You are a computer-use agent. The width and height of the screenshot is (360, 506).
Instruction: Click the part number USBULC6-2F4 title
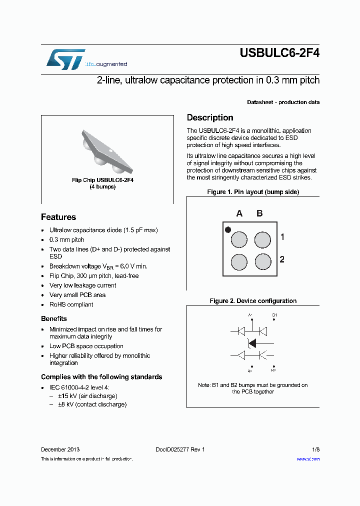[x=279, y=53]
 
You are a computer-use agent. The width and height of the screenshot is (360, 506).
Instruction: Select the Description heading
[x=210, y=117]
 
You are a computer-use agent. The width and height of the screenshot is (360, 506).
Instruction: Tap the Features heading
[x=58, y=217]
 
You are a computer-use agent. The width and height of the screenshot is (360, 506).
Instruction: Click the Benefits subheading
[x=54, y=318]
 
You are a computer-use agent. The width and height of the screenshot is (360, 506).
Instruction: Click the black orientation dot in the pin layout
[x=228, y=230]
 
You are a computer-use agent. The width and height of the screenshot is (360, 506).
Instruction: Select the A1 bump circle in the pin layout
[x=239, y=240]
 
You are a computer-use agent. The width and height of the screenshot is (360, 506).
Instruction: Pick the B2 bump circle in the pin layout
[x=262, y=261]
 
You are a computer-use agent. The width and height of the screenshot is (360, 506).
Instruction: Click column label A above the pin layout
[x=239, y=213]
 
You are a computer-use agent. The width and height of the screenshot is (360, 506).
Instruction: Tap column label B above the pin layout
[x=259, y=213]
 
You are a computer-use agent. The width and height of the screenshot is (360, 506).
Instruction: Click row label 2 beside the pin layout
[x=282, y=259]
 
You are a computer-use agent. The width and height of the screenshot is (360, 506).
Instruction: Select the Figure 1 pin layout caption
[x=253, y=192]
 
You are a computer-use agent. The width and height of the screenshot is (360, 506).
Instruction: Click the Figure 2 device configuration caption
[x=253, y=301]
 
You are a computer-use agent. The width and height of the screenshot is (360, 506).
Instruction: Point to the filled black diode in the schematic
[x=252, y=343]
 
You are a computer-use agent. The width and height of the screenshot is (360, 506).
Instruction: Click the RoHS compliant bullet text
[x=71, y=304]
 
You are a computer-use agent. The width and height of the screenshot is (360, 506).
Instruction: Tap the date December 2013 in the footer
[x=60, y=449]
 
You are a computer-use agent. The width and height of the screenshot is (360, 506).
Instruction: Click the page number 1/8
[x=315, y=449]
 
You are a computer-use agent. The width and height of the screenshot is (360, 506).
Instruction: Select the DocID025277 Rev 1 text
[x=176, y=449]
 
